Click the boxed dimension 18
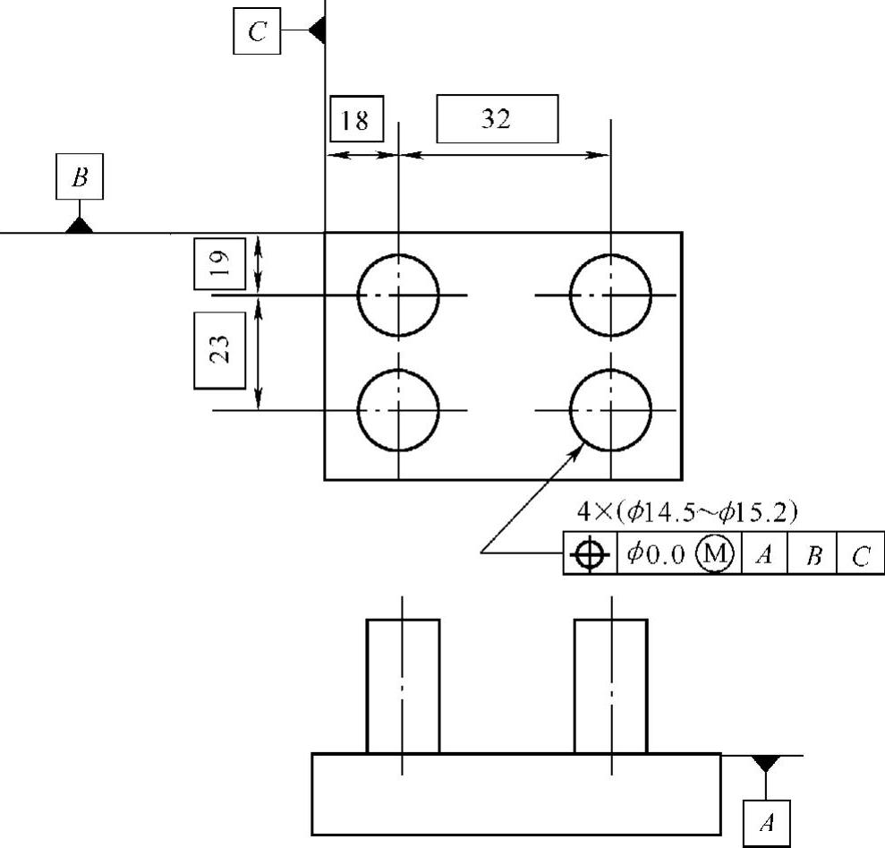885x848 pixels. coord(356,120)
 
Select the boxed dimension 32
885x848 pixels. coord(497,119)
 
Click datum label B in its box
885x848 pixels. coord(81,177)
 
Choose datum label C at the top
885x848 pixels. coord(257,32)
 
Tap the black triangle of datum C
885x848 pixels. coord(316,31)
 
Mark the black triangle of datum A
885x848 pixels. coord(766,763)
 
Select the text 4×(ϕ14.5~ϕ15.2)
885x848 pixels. coord(687,513)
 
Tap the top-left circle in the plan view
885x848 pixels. coord(398,294)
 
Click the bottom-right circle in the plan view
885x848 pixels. coord(610,410)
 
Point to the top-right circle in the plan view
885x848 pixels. coord(610,294)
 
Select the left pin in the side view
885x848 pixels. coord(403,685)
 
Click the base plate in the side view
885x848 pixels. coord(516,794)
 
